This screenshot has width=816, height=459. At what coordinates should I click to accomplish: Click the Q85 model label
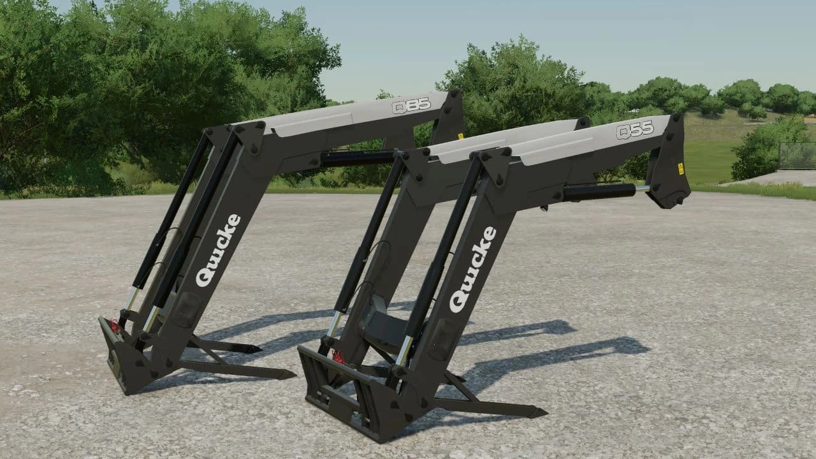click(411, 106)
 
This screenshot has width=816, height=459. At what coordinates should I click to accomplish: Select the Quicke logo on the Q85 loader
click(218, 251)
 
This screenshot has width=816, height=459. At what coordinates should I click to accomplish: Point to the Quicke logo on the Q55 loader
click(473, 269)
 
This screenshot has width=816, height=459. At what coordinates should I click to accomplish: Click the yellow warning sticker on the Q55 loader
click(680, 169)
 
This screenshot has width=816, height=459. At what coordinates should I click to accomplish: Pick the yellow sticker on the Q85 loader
click(460, 136)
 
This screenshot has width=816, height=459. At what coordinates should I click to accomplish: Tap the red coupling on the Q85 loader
click(115, 326)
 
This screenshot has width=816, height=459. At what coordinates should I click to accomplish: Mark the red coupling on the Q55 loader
click(339, 358)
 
